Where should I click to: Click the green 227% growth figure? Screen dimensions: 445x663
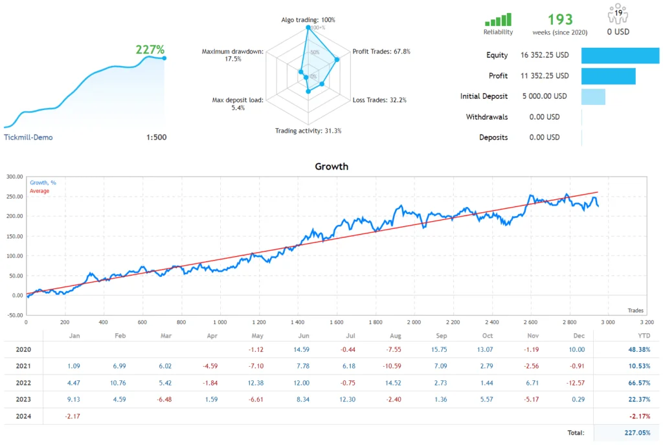(150, 50)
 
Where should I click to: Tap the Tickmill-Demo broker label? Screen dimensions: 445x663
(28, 137)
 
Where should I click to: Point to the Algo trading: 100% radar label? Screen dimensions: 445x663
(308, 20)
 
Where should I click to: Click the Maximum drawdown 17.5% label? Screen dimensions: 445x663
(232, 55)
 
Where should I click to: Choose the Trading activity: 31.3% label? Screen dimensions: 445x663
(308, 131)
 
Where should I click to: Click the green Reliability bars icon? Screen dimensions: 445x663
(498, 20)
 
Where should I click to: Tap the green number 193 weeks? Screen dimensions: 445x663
(560, 19)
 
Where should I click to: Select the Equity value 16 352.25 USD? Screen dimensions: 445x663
(544, 56)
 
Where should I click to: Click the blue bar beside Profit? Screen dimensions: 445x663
(608, 76)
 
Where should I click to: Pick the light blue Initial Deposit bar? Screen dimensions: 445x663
(593, 96)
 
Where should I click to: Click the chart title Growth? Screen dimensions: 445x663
(331, 166)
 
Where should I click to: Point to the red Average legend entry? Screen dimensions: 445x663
(39, 191)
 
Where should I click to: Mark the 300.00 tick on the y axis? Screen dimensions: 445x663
(14, 176)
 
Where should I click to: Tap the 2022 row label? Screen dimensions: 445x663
(24, 383)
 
